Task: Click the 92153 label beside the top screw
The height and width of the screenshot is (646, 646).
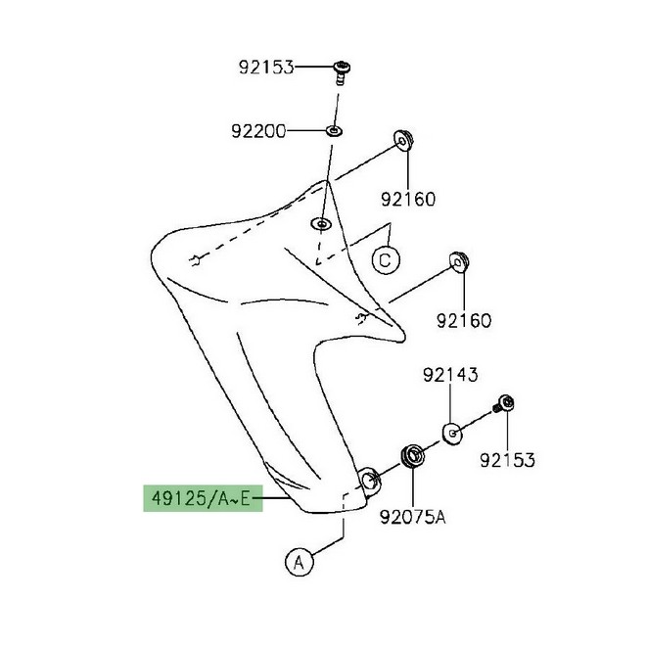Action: tap(266, 68)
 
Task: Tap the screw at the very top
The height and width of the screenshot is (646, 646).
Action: tap(342, 72)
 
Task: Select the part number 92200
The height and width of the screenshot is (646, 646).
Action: tap(258, 131)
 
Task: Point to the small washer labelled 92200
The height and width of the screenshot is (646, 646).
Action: tap(334, 131)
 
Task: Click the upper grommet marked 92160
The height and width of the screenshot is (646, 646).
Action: tap(403, 141)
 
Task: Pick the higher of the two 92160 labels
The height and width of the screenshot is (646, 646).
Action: tap(408, 200)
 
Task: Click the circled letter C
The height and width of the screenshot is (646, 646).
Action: tap(386, 260)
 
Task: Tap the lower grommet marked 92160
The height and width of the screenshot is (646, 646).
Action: tap(459, 262)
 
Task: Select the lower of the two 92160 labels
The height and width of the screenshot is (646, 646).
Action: tap(464, 320)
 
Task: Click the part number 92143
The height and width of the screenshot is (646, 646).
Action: tap(450, 375)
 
